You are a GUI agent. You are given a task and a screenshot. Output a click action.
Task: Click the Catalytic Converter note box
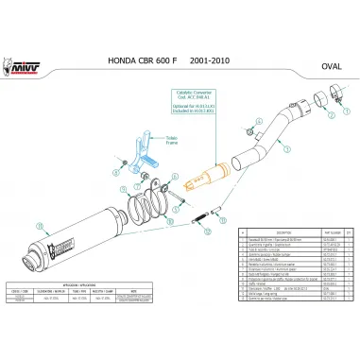(196, 98)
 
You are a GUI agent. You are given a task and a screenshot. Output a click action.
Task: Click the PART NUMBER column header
(328, 230)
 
